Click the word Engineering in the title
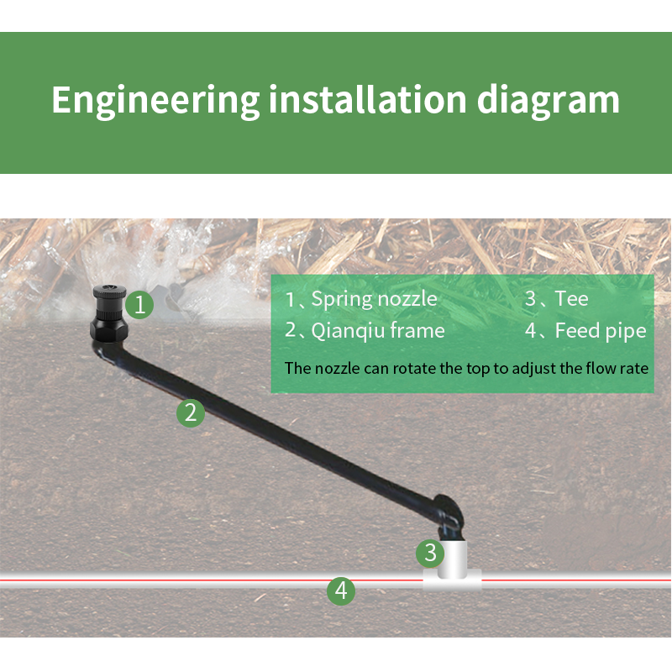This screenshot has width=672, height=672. pyautogui.click(x=155, y=100)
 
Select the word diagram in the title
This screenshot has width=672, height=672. pyautogui.click(x=549, y=100)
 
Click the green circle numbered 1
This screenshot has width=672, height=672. pyautogui.click(x=141, y=304)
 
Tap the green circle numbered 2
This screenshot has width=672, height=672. pyautogui.click(x=191, y=412)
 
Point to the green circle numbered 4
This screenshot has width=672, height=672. pyautogui.click(x=340, y=591)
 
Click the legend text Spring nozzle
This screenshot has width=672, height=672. pyautogui.click(x=374, y=298)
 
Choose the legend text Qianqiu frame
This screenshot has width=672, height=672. pyautogui.click(x=377, y=331)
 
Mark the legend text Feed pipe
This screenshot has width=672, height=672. pyautogui.click(x=600, y=331)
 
